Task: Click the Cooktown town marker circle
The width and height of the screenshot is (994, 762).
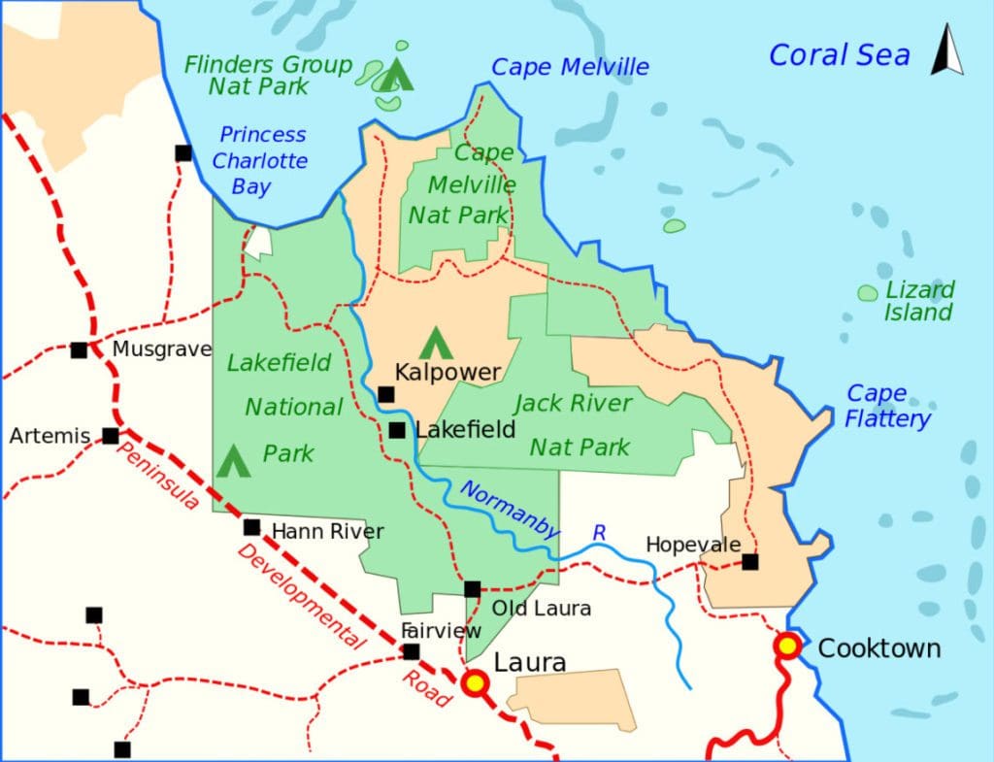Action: (787, 646)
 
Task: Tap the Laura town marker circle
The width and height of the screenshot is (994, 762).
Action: (475, 683)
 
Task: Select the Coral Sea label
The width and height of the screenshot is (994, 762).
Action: (839, 55)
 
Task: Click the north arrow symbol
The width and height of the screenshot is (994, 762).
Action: (947, 50)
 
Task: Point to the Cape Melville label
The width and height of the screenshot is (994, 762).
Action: (570, 67)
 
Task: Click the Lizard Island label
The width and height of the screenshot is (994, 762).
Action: (918, 301)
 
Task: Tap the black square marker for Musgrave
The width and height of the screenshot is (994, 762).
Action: (79, 349)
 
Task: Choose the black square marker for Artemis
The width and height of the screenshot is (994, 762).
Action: (111, 436)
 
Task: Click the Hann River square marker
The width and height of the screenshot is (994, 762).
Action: (251, 528)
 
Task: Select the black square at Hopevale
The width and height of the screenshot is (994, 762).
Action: (750, 561)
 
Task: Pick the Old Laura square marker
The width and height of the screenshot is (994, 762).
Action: (472, 589)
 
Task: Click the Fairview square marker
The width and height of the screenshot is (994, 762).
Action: (412, 651)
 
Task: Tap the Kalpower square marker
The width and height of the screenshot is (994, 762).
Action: (386, 394)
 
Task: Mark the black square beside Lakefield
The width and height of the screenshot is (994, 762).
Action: (397, 430)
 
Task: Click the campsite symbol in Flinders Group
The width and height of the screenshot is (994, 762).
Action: (395, 75)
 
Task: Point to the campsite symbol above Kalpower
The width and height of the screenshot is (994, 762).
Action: (434, 342)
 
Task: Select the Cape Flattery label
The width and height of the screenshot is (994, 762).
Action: (887, 406)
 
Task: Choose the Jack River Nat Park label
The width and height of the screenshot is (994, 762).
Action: (576, 424)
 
